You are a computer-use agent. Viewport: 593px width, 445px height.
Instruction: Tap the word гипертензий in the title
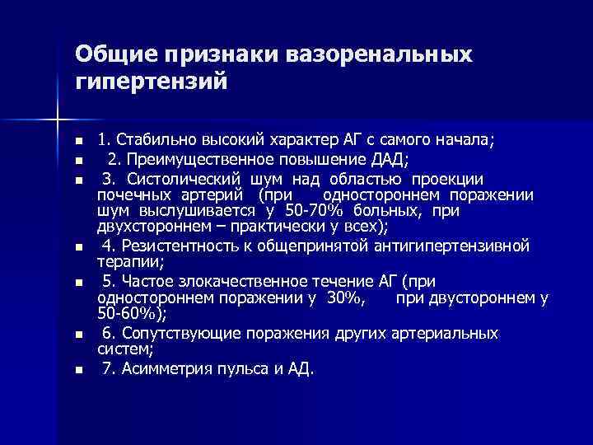[x=148, y=83]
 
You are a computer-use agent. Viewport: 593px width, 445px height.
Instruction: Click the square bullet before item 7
[x=77, y=370]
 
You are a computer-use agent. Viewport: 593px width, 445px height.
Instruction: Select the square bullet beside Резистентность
[x=77, y=247]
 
